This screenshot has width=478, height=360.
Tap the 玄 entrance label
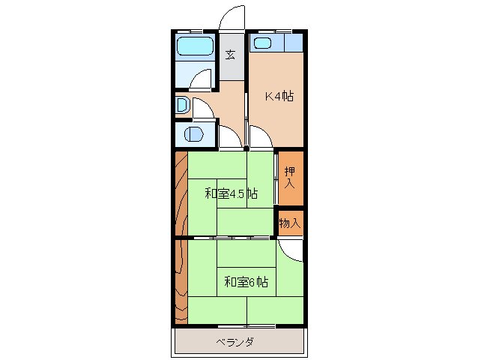(x=232, y=54)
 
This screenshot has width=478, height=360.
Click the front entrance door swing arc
(x=233, y=16)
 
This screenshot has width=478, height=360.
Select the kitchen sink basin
(x=262, y=43)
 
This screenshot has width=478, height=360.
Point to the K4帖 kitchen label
(x=279, y=96)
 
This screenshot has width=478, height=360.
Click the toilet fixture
(x=182, y=106)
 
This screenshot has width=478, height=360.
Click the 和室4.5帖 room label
(x=232, y=193)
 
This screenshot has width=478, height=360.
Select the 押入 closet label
(x=290, y=178)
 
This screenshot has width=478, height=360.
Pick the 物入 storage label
(x=290, y=223)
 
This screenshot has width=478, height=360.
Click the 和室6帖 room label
(x=246, y=282)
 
